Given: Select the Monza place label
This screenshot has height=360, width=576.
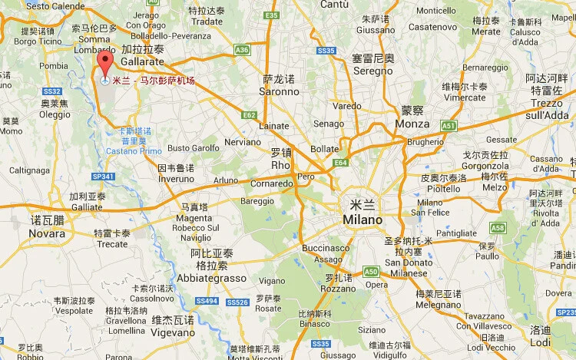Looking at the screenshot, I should (x=412, y=124).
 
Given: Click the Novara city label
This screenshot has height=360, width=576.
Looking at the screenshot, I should (x=47, y=233).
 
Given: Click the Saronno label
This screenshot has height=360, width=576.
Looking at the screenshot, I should (x=280, y=91).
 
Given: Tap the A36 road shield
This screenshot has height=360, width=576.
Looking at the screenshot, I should (x=243, y=50).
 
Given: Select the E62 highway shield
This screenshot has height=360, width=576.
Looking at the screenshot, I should (x=248, y=115).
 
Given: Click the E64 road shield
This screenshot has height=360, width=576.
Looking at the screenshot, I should (x=341, y=162).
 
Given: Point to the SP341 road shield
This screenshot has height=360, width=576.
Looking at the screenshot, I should (x=102, y=177).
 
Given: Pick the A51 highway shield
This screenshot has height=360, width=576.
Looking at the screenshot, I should (x=449, y=125).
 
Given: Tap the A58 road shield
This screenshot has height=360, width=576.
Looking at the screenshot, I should (x=498, y=228).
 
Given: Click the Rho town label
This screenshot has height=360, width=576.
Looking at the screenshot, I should (x=282, y=164).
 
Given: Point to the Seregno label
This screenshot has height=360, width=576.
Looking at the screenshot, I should (x=372, y=71).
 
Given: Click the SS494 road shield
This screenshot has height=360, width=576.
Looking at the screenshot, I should (x=204, y=301).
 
